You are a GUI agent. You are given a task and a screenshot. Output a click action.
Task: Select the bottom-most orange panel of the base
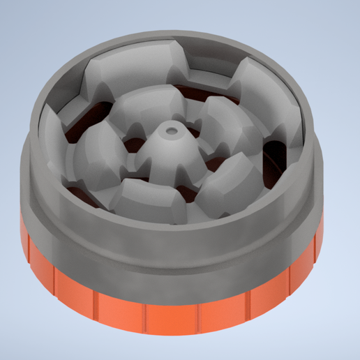(x=171, y=317)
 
